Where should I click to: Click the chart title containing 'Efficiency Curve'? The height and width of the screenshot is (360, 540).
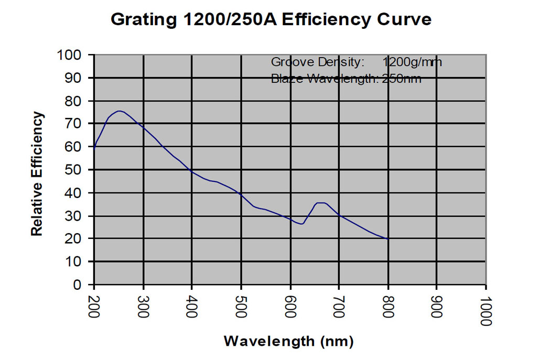click(271, 19)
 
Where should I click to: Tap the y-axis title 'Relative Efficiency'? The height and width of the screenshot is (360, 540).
click(37, 173)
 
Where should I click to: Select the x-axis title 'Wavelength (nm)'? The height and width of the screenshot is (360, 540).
click(289, 341)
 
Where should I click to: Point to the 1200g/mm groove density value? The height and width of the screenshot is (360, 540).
click(412, 62)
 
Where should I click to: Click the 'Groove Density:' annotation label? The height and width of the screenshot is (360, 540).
click(317, 62)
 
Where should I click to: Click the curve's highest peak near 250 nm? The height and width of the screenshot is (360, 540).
click(120, 111)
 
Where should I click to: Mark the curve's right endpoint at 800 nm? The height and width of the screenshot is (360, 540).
click(388, 239)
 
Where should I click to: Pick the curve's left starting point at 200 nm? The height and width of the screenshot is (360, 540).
click(94, 148)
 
